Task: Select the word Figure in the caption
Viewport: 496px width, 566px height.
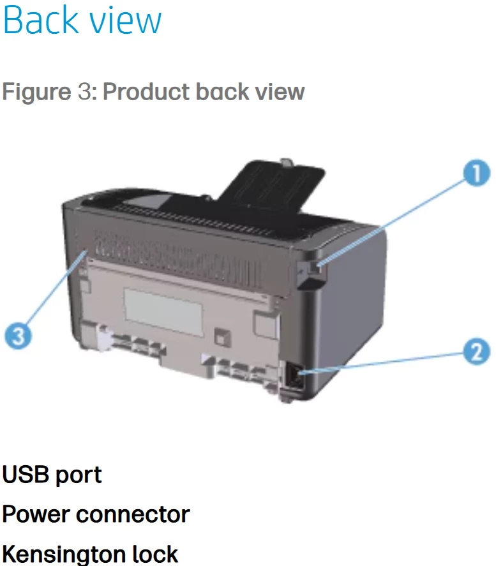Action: coord(36,93)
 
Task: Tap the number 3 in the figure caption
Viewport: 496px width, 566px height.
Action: coord(84,93)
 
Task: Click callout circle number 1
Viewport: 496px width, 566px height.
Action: coord(476,173)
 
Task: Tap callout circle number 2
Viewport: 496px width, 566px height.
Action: coord(476,352)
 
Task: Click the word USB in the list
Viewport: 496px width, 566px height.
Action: coord(25,475)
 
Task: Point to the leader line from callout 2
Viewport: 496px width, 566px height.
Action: coord(383,362)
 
